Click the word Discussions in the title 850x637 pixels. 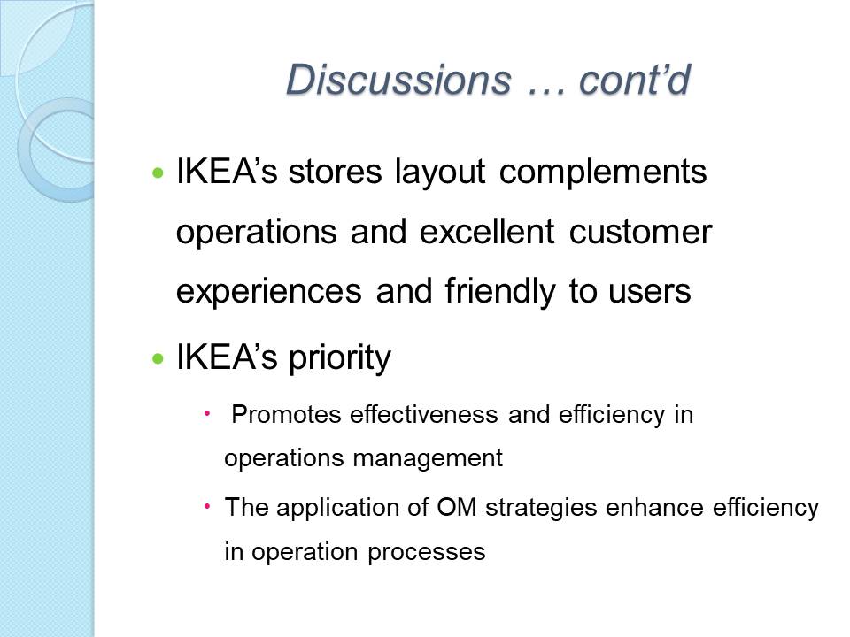coord(398,80)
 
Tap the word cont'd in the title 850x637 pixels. coord(635,80)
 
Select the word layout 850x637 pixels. coord(440,173)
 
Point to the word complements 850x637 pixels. coord(603,173)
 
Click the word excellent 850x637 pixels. coord(487,231)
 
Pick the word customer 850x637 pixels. coord(640,233)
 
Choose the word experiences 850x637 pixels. coord(269,292)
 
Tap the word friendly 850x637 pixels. coord(500,292)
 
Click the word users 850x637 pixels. coord(650,291)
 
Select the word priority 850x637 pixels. coord(339,358)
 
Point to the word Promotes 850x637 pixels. coord(286,415)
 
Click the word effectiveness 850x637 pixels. coord(424,415)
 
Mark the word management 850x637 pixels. coord(428,459)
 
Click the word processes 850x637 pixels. coord(426,553)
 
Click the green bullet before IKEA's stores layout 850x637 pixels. coord(158,173)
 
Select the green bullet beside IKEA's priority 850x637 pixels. coord(158,358)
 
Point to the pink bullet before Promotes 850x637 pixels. coord(206,414)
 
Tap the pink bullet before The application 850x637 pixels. coord(206,507)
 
